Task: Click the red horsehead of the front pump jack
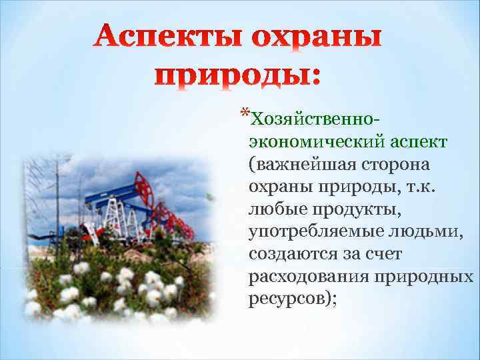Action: click(141, 181)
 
